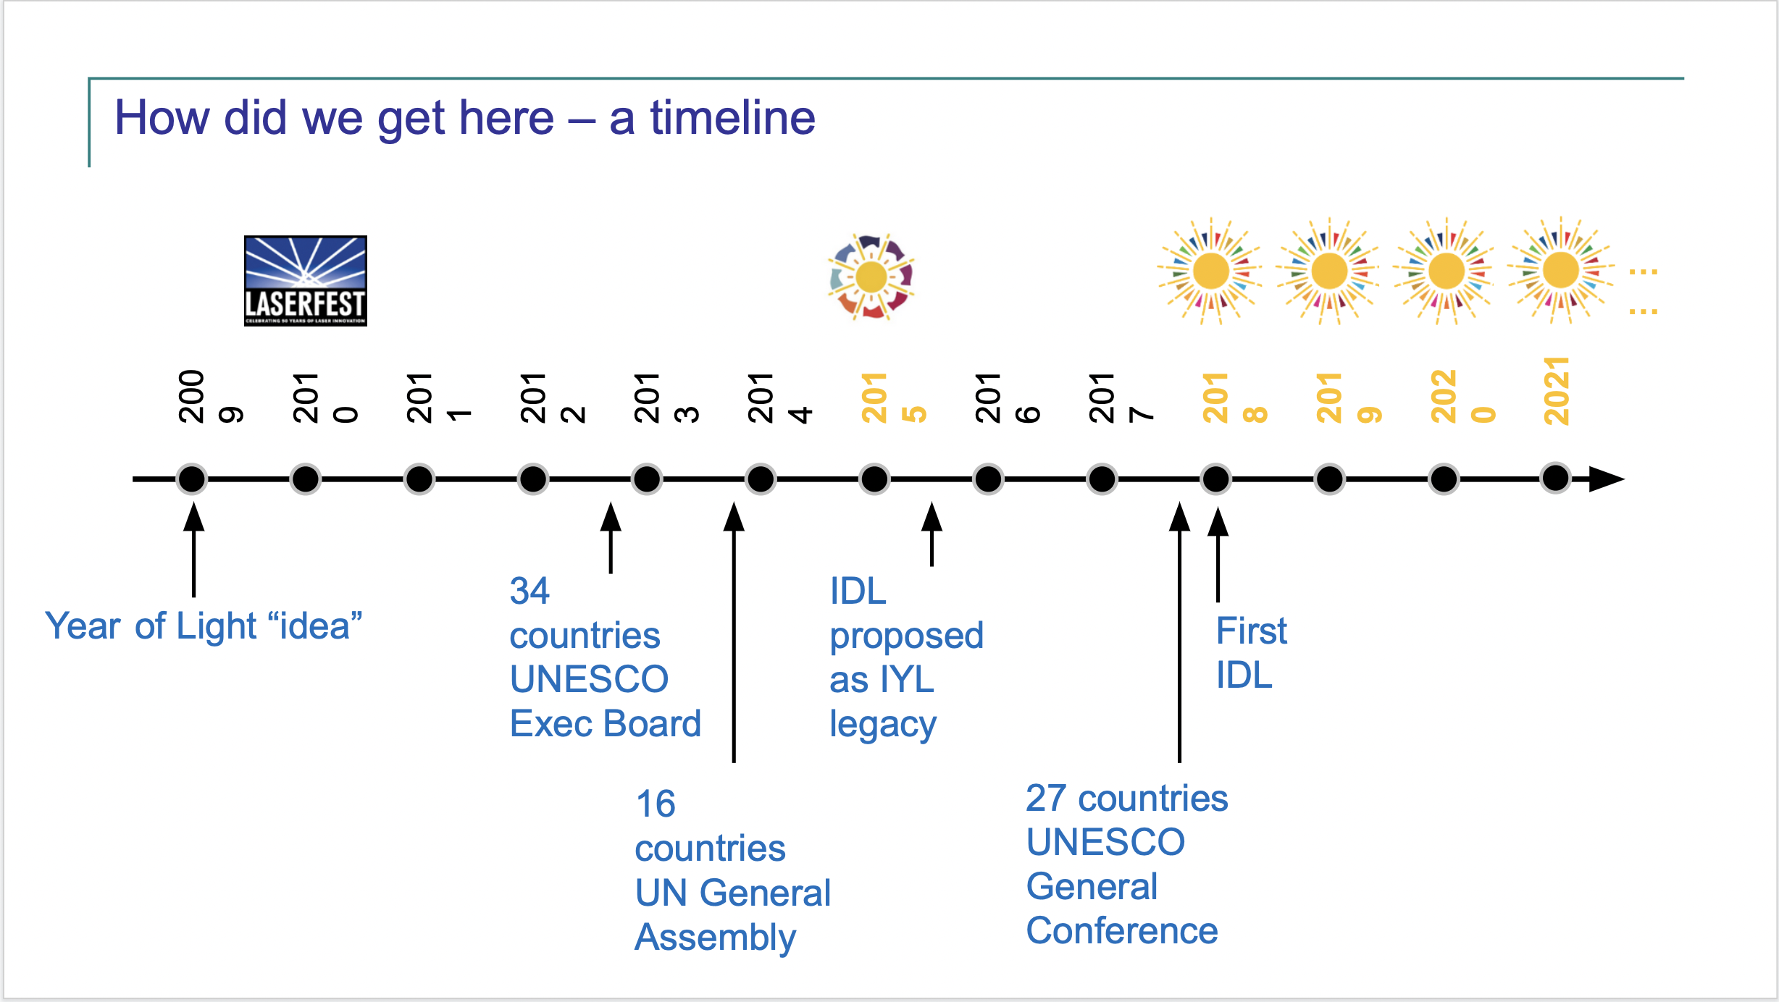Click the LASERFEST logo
click(305, 281)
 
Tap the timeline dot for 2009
click(192, 479)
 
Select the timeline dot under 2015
click(874, 479)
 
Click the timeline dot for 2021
click(1556, 478)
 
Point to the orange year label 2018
click(1234, 397)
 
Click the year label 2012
click(553, 397)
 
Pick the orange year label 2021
click(1556, 391)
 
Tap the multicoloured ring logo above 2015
click(871, 277)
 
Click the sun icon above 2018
click(1210, 271)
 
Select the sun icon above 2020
click(1446, 271)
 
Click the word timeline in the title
click(732, 118)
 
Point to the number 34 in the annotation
click(529, 591)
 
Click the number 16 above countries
click(656, 804)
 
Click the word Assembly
click(716, 938)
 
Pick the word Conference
click(1122, 931)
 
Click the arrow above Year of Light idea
click(193, 550)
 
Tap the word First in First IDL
click(1251, 631)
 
